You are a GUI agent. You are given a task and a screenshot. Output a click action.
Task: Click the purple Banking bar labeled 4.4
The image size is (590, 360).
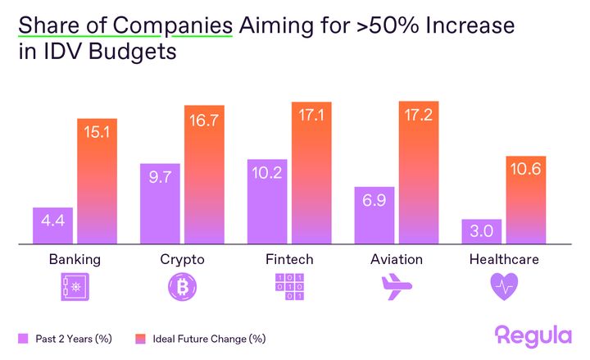(x=52, y=226)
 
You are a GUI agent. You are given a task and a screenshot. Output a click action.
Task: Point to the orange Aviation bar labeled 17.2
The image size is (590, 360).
(x=418, y=173)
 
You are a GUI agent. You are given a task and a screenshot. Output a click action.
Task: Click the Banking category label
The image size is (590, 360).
(x=75, y=260)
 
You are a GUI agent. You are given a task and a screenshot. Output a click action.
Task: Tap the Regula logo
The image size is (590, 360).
(x=533, y=335)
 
